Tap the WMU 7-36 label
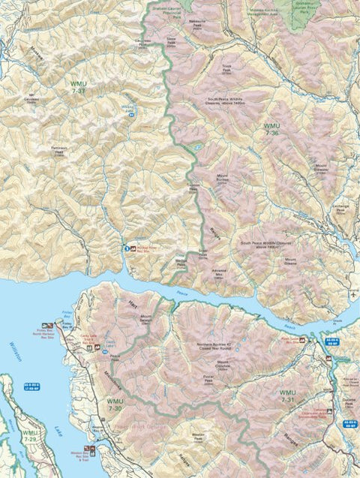pyautogui.click(x=272, y=128)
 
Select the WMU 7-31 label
pyautogui.click(x=288, y=397)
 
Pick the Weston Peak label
pyautogui.click(x=198, y=436)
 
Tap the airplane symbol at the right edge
pyautogui.click(x=352, y=295)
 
